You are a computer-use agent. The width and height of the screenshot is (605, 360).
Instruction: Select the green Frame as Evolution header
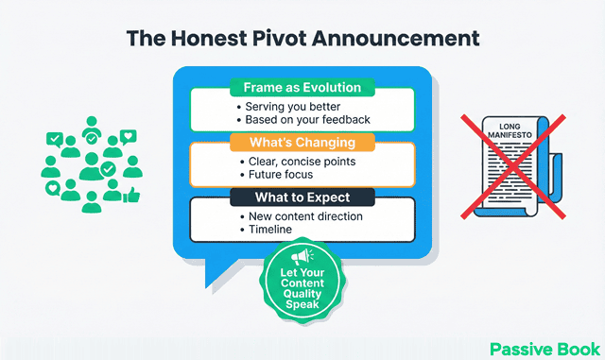tap(302, 87)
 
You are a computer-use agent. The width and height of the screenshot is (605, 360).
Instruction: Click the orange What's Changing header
tap(302, 143)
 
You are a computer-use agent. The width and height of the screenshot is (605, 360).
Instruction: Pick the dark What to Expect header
tap(302, 197)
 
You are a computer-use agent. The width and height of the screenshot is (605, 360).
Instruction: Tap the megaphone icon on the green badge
tap(302, 257)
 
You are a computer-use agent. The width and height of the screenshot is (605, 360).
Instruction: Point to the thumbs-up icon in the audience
tap(131, 196)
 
